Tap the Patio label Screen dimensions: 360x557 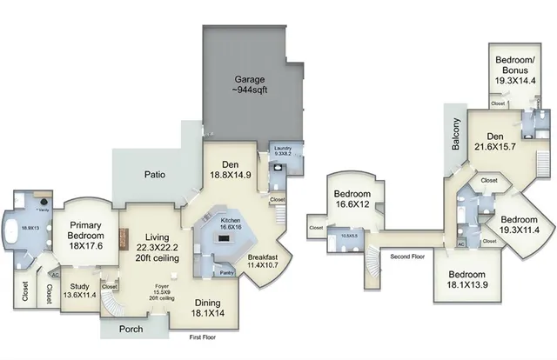click(155, 174)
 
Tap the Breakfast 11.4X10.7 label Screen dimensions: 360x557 click(264, 263)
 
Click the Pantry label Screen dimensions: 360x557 click(228, 272)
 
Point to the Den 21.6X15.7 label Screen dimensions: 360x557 click(495, 141)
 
